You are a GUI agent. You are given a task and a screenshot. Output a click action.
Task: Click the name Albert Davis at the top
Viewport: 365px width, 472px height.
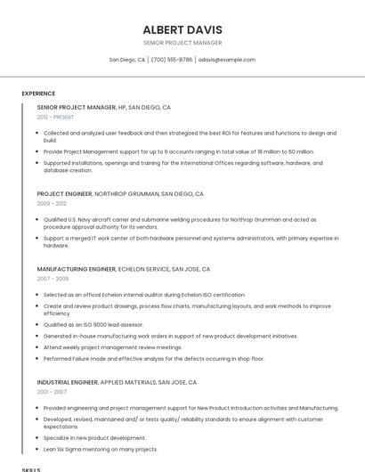pyautogui.click(x=182, y=29)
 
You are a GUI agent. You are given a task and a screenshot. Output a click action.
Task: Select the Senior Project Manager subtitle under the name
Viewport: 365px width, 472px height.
pyautogui.click(x=182, y=43)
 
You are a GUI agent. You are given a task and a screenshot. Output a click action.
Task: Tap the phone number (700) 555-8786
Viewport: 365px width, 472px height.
pyautogui.click(x=171, y=60)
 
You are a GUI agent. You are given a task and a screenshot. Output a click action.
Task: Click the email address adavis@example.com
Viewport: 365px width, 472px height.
pyautogui.click(x=227, y=60)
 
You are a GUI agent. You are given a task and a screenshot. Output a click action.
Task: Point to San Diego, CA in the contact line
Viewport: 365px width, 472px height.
pyautogui.click(x=126, y=60)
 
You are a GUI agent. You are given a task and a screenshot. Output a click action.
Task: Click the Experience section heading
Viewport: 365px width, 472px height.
pyautogui.click(x=38, y=94)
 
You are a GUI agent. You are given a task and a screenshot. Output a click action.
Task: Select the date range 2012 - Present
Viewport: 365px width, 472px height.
pyautogui.click(x=55, y=117)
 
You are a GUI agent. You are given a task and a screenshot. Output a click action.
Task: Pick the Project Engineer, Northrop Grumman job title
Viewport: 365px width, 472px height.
pyautogui.click(x=120, y=193)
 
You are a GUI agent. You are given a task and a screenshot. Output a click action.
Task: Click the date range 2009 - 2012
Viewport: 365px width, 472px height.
pyautogui.click(x=53, y=203)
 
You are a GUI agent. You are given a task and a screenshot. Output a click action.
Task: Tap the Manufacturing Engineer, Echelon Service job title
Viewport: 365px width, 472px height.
pyautogui.click(x=124, y=268)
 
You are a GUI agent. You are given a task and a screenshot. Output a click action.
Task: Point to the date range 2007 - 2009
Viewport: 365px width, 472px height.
pyautogui.click(x=53, y=278)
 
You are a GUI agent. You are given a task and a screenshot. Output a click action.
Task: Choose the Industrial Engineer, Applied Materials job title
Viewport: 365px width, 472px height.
pyautogui.click(x=117, y=382)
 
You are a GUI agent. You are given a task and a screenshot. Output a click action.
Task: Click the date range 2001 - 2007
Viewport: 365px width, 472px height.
pyautogui.click(x=52, y=392)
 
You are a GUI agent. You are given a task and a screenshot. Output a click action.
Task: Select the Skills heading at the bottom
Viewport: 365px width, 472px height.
pyautogui.click(x=31, y=468)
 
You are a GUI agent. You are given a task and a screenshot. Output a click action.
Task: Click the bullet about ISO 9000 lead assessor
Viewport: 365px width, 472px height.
pyautogui.click(x=94, y=325)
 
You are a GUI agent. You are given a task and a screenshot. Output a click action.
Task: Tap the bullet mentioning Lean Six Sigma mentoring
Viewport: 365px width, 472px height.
pyautogui.click(x=101, y=449)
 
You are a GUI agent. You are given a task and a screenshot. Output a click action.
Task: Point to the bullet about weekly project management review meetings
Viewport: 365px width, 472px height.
pyautogui.click(x=113, y=347)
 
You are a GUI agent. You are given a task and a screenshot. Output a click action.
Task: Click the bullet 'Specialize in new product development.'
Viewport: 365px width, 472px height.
pyautogui.click(x=94, y=438)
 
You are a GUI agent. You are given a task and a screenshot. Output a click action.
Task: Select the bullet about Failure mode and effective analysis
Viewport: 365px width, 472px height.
pyautogui.click(x=154, y=358)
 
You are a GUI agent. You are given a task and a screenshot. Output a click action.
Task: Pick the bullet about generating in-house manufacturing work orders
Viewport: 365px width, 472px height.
pyautogui.click(x=171, y=336)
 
